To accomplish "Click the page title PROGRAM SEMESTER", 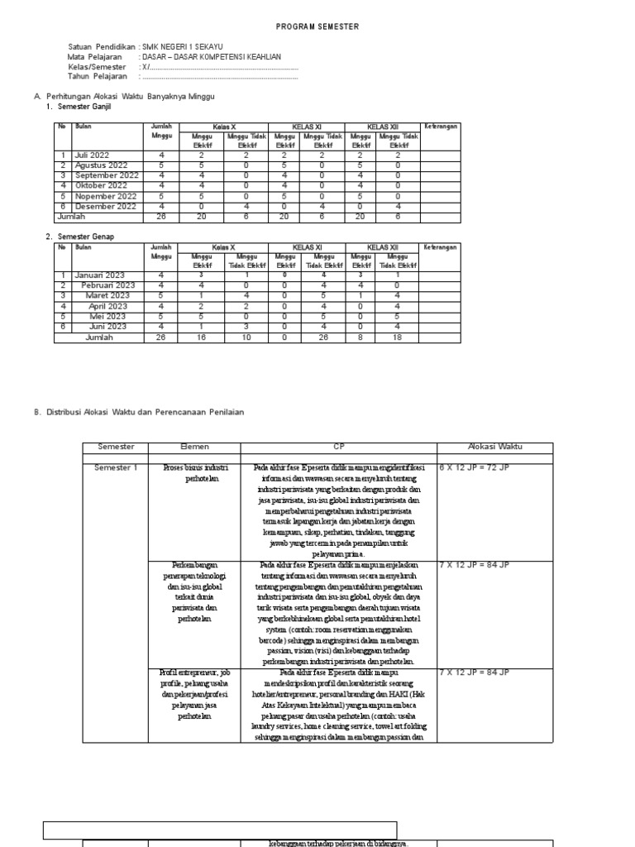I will point(317,26).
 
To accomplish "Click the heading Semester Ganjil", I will point(84,107).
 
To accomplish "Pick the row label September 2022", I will point(107,175).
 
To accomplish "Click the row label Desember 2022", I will point(105,207).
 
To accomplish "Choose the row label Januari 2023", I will point(99,275).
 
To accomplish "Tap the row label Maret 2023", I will point(107,295).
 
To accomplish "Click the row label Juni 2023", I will point(107,326).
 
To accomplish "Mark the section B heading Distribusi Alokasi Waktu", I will point(145,411).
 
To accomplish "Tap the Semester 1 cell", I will point(116,467).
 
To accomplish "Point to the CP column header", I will point(338,447).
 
